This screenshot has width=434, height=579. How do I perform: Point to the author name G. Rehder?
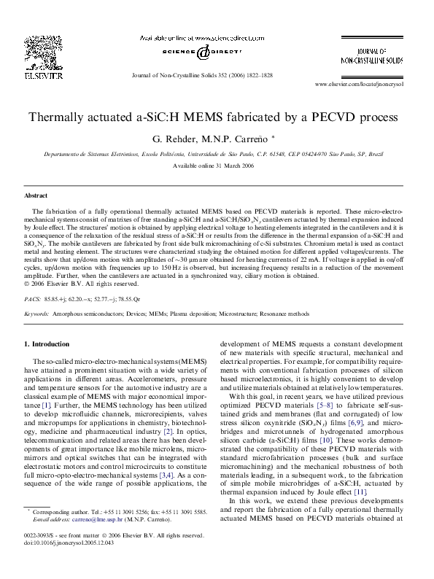[x=171, y=139]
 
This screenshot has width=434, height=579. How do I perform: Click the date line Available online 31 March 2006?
[x=214, y=166]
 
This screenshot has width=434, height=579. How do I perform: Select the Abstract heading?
[x=36, y=196]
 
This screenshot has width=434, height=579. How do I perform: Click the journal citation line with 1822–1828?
[x=203, y=75]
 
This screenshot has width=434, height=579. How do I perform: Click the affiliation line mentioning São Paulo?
[x=214, y=155]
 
